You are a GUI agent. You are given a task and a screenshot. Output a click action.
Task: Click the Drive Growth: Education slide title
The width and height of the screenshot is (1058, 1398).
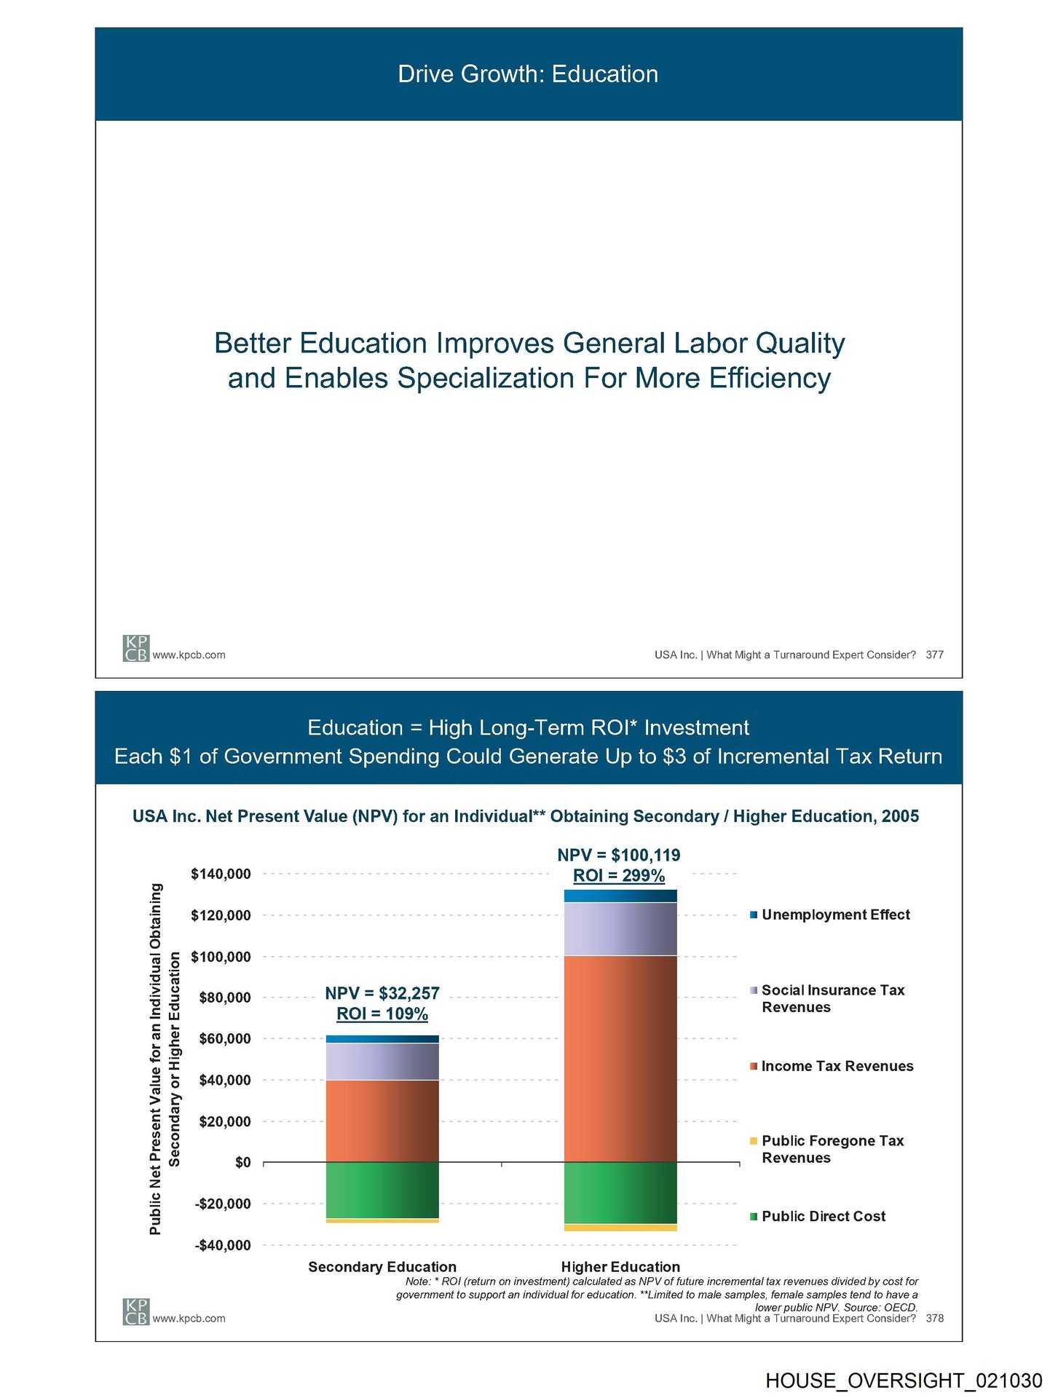coord(528,74)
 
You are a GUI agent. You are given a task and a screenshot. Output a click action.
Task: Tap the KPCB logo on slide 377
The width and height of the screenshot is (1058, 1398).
coord(135,648)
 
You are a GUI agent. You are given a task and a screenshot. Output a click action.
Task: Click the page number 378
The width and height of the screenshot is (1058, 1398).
coord(934,1318)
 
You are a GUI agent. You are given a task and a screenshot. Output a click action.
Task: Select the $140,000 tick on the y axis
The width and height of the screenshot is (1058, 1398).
coord(221,874)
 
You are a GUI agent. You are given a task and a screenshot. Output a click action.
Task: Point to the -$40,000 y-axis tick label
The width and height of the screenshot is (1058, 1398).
coord(222,1245)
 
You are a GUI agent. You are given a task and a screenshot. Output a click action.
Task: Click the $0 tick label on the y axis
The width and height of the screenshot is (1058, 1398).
coord(242,1163)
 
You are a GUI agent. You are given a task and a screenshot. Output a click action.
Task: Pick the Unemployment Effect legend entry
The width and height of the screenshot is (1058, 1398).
coord(835,915)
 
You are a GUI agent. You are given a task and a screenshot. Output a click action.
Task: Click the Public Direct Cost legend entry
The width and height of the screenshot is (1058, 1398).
coord(823,1216)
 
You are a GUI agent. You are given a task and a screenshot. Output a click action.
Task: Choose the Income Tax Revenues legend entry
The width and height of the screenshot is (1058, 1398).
coord(837,1066)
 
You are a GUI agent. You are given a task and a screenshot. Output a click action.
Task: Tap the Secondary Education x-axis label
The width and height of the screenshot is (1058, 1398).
coord(382,1267)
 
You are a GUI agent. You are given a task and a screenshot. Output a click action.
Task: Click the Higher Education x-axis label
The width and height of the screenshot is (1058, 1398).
coord(620,1267)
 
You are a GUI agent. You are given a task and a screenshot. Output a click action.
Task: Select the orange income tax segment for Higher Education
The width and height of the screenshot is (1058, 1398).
coord(620,1059)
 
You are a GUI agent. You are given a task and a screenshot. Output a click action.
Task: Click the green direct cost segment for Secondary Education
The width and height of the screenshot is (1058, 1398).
coord(382,1190)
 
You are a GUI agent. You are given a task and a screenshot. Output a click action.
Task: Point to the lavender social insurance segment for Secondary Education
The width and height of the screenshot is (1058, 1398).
coord(382,1062)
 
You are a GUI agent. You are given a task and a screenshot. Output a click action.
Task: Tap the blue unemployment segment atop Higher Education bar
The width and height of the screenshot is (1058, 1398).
coord(620,896)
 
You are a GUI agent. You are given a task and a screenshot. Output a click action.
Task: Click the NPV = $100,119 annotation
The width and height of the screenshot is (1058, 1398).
coord(619,855)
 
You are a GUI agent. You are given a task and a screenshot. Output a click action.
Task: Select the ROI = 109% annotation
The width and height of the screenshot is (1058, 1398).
coord(382,1014)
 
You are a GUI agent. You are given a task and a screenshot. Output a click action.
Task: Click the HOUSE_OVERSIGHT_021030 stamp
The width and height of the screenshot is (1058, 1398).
coord(904,1381)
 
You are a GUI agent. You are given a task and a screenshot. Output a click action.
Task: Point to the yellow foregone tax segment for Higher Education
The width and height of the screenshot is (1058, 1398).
coord(620,1228)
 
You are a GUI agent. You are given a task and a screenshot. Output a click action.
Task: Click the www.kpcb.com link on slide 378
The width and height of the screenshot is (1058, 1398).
coord(189,1318)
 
